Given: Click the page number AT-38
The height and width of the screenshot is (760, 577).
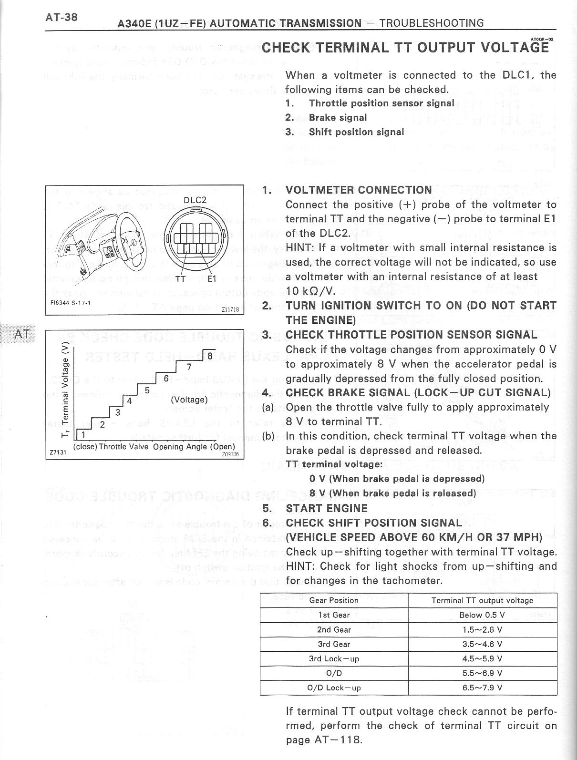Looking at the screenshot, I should pos(62,17).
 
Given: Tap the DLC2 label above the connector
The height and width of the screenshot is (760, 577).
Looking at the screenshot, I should pos(195,200).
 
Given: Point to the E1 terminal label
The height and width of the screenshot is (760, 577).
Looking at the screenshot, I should pos(213,279).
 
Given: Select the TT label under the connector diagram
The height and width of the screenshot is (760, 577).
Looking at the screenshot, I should pos(181,279).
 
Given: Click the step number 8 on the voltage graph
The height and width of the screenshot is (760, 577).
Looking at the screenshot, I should pos(209,355).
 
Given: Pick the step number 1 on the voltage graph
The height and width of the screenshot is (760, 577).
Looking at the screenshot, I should pos(83,434).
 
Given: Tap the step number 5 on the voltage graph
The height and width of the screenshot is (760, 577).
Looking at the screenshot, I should pos(147,390).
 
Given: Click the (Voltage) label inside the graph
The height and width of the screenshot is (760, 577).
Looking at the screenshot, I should pos(189,400).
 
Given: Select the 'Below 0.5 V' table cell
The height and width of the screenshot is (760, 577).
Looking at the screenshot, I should pos(482,615).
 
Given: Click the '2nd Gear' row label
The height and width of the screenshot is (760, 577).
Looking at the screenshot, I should pos(334,629).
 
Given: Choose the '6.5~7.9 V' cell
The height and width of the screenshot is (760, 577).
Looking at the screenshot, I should pos(482,688).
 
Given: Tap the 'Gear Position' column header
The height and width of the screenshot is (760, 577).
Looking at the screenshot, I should pos(334,600).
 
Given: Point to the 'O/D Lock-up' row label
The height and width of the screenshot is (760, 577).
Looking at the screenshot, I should pos(334,688).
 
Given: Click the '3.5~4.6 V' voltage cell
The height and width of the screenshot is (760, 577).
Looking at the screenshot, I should pos(482,644).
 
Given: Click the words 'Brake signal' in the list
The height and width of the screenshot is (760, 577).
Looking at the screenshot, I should pos(338,117).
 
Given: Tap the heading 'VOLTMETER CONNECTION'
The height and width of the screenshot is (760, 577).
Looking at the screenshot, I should pos(358,190).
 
